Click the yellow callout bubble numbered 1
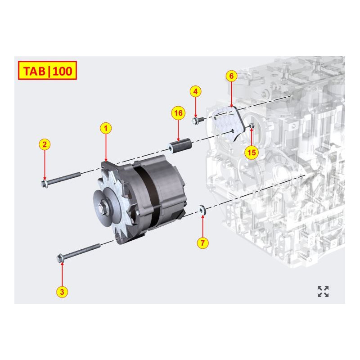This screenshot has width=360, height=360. (x=106, y=128)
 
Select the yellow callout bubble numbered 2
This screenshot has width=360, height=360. (x=44, y=144)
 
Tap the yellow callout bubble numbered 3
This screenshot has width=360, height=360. (x=62, y=292)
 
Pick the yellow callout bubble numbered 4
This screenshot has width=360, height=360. (x=195, y=92)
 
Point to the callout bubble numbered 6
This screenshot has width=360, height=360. (x=231, y=76)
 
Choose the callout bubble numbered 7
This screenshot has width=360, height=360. (x=203, y=243)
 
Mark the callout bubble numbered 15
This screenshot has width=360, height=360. (x=252, y=153)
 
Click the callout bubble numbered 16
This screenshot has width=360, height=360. (x=178, y=113)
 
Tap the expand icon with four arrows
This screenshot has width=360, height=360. (x=323, y=292)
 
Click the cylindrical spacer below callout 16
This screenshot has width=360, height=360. (x=180, y=147)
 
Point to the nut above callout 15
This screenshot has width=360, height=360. (x=251, y=126)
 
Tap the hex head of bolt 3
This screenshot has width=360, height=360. (x=60, y=258)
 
